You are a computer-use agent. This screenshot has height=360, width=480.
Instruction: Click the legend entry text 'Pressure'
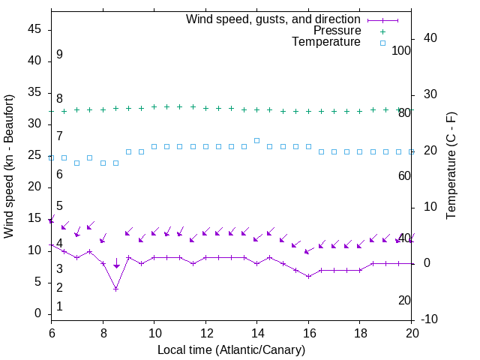coord(337,31)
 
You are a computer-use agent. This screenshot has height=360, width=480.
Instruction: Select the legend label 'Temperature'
coord(326,42)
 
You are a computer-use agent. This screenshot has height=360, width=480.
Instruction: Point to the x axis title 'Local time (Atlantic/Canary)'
coord(231,349)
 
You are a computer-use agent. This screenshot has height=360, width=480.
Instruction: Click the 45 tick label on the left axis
coord(34,30)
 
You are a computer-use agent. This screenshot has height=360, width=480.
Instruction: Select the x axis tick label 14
coord(256,333)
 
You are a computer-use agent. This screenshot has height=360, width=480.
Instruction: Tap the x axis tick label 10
coord(154,333)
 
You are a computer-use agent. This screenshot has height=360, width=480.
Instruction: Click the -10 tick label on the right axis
coord(430,320)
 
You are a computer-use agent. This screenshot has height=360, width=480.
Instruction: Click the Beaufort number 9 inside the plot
coord(59,55)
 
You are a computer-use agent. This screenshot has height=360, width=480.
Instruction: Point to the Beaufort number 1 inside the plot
coord(59,306)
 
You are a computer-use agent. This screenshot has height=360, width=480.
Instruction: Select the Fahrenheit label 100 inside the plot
coord(401,50)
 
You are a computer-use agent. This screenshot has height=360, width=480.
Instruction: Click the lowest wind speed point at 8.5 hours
coord(115,289)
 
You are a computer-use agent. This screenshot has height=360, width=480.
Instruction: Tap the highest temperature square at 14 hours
coord(256,140)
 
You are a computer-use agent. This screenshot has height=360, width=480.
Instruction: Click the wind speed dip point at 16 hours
coord(308,276)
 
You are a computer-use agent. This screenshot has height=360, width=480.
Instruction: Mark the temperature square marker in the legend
coord(382,43)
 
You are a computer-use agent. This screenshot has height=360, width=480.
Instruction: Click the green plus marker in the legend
coord(382,31)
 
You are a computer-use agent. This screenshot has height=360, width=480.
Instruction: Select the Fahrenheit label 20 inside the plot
coord(404,300)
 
